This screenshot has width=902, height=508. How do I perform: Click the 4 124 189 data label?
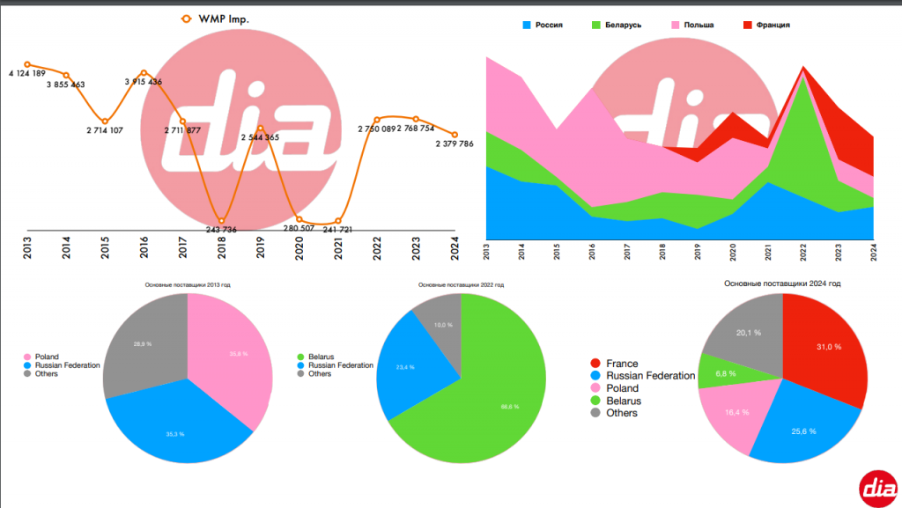click(x=26, y=73)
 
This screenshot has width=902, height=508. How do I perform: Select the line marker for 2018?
click(x=221, y=220)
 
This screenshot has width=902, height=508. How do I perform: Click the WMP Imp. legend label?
click(x=224, y=18)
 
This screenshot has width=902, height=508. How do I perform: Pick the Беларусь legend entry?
click(x=622, y=25)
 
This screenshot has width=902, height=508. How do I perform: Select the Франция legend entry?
click(x=772, y=25)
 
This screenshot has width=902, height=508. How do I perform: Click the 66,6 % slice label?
click(x=509, y=407)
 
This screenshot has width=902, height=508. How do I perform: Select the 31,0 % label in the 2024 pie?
click(x=829, y=347)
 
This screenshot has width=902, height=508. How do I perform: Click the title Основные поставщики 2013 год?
click(x=188, y=285)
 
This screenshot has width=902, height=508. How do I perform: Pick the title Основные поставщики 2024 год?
click(x=782, y=283)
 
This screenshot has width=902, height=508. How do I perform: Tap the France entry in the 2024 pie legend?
click(x=622, y=364)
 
